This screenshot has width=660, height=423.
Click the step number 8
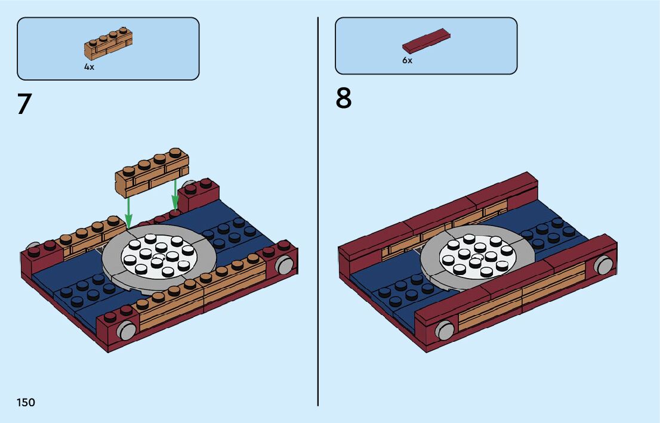344,98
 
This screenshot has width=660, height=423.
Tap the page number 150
26,403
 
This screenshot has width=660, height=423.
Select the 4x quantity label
89,67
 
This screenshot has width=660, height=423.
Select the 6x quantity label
407,61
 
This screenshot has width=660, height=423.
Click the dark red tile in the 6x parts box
426,40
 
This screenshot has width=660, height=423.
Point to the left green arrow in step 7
128,212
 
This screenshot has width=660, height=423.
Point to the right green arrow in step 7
175,194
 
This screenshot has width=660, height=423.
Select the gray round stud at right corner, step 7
286,263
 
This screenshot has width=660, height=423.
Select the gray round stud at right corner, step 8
604,264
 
